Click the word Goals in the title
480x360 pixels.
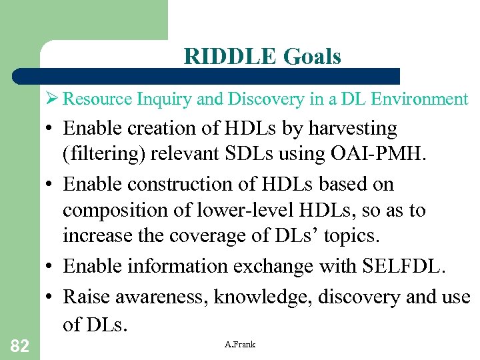click(312, 57)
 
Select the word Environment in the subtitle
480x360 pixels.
click(421, 99)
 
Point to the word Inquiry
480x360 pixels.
click(164, 99)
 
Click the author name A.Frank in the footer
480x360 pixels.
click(240, 344)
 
